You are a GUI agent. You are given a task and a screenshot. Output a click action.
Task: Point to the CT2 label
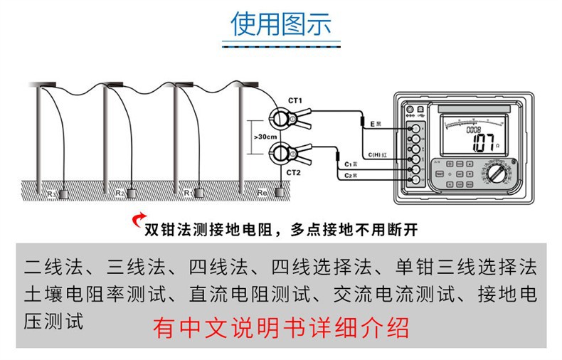click(295, 172)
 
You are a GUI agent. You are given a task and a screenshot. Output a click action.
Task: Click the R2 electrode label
click(120, 193)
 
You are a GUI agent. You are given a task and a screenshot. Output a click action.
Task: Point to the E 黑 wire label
click(377, 124)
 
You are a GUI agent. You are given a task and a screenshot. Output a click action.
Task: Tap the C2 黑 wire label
click(349, 175)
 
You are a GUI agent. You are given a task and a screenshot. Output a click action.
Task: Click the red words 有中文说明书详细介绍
click(281, 329)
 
